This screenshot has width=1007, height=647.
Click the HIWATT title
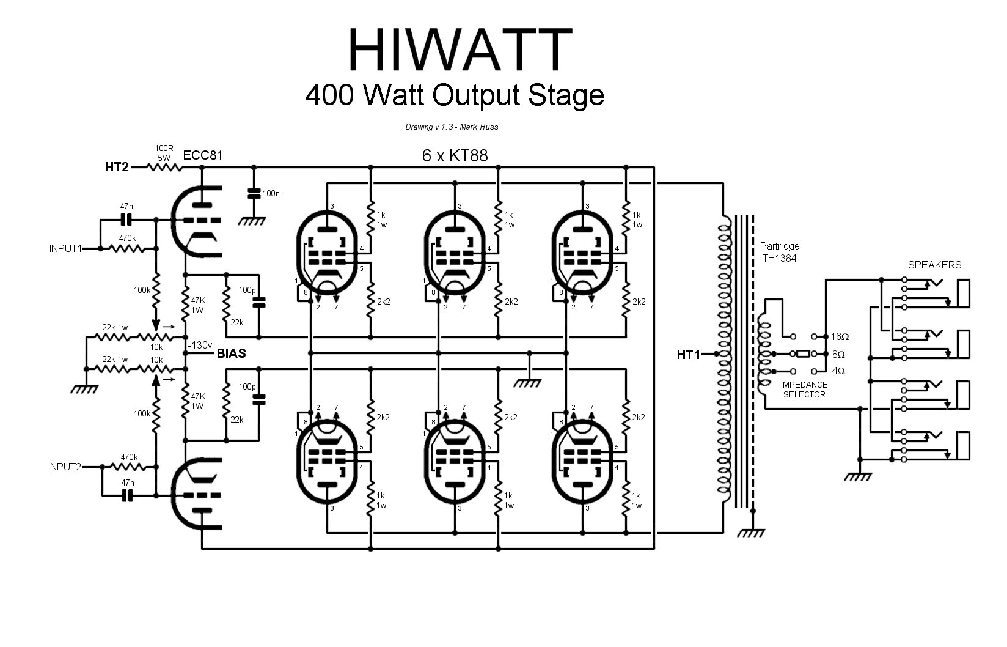[459, 50]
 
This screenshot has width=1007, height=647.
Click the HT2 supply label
[117, 166]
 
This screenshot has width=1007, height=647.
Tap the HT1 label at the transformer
[689, 354]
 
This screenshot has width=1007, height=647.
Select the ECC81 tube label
[203, 155]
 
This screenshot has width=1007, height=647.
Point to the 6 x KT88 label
[455, 155]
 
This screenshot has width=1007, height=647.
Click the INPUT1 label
[65, 249]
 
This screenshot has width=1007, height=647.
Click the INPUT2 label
[65, 467]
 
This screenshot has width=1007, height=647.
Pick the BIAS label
[231, 353]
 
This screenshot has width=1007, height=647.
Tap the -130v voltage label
[200, 344]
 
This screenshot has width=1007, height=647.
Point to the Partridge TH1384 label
[779, 252]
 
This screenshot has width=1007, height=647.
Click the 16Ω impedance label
[840, 337]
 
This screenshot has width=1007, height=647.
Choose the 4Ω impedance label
[838, 371]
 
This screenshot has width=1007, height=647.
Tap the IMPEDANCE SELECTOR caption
[804, 390]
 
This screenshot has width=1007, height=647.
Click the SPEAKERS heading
[934, 265]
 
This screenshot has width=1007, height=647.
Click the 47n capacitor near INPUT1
[127, 218]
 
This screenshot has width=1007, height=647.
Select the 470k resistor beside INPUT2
[128, 467]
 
